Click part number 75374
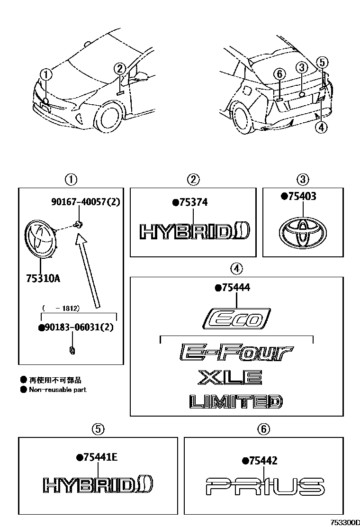click(x=193, y=202)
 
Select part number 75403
click(x=301, y=196)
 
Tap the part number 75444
click(x=235, y=288)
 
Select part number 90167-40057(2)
click(x=86, y=201)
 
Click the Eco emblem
click(x=236, y=318)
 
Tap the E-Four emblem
click(x=236, y=353)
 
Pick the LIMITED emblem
click(x=235, y=402)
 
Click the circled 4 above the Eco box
click(x=236, y=269)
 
